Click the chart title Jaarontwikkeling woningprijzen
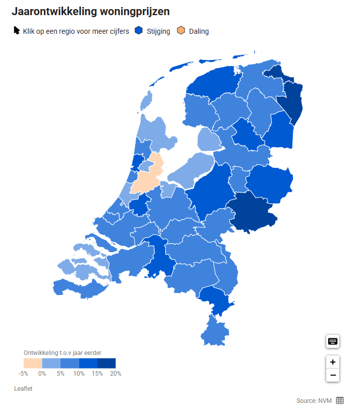click(x=91, y=11)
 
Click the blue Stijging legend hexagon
click(x=139, y=31)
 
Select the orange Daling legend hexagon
click(x=181, y=31)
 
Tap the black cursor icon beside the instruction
click(x=17, y=31)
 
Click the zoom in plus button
click(x=332, y=362)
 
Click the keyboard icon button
click(x=332, y=341)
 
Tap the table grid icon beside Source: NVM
click(x=340, y=400)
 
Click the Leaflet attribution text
click(x=24, y=389)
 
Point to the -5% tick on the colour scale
click(x=23, y=374)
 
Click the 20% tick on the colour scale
click(x=115, y=374)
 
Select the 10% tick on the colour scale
click(x=79, y=374)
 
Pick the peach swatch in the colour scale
click(x=33, y=363)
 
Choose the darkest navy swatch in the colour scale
click(x=106, y=363)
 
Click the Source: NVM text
click(x=314, y=400)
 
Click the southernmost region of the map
click(x=215, y=333)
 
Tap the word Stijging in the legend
click(x=158, y=31)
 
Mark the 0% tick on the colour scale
click(x=42, y=374)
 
